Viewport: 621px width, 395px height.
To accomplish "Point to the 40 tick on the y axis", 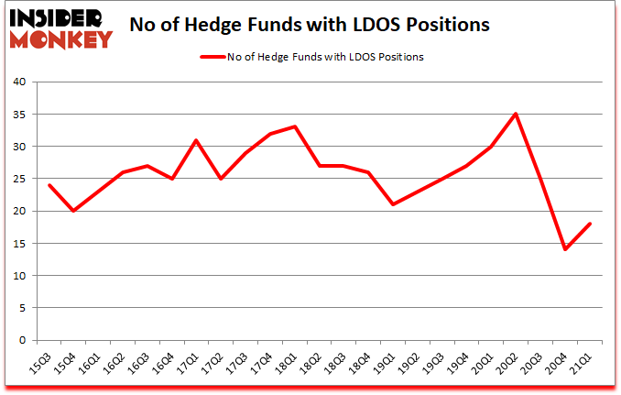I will coord(24,82).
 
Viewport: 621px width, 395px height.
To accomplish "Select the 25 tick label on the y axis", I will coord(24,179).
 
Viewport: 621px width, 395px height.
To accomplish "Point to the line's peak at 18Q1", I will coord(294,126).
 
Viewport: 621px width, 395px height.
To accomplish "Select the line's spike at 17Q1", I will coord(196,140).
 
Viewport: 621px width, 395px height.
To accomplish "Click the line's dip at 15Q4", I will coord(73,211).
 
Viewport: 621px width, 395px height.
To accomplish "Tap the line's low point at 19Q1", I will coord(393,204).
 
